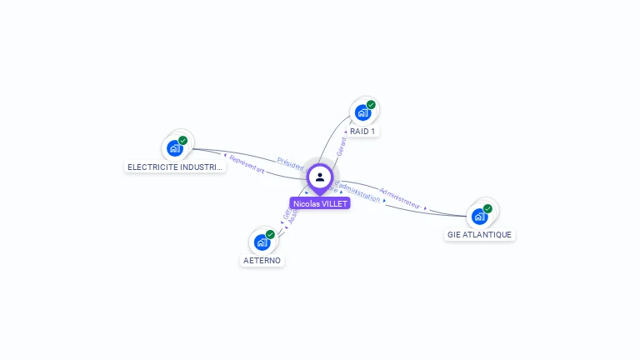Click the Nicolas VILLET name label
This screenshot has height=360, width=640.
point(320,203)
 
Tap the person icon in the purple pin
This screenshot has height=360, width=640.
point(320,177)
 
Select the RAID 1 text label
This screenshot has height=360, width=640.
point(362,132)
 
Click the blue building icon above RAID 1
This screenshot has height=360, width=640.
point(362,112)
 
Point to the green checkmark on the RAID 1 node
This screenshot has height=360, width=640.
point(371,105)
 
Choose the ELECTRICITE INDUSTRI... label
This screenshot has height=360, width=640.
point(175,167)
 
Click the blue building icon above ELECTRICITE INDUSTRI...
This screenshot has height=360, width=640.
point(174,148)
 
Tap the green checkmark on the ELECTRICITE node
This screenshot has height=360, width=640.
point(182,141)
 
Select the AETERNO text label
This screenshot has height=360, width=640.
point(262,261)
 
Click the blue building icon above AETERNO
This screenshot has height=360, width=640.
point(262,242)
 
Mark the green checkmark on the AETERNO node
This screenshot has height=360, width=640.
point(270,235)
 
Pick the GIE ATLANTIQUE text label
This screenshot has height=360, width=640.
point(479,235)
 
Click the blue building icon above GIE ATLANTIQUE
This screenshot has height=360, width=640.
point(479,217)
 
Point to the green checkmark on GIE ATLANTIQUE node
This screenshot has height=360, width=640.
point(487,208)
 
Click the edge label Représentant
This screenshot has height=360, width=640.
point(247,163)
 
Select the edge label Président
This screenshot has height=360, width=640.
point(291,163)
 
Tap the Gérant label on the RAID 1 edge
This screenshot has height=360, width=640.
point(341,147)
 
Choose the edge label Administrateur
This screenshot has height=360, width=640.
point(400,197)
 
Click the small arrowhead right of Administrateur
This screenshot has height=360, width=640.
point(425,207)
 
